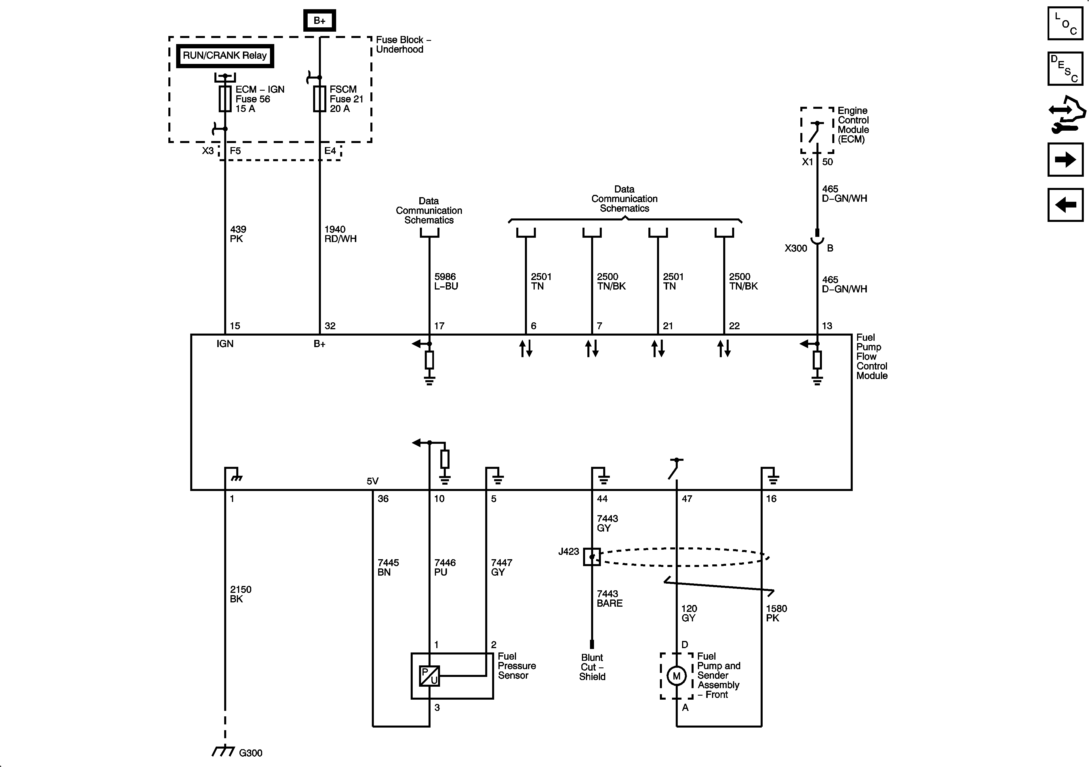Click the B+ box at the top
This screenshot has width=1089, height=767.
click(x=319, y=20)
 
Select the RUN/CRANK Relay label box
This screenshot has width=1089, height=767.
click(x=225, y=56)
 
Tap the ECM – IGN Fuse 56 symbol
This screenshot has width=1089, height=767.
click(x=225, y=99)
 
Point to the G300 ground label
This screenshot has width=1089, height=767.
click(x=250, y=753)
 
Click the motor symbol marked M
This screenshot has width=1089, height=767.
click(x=676, y=676)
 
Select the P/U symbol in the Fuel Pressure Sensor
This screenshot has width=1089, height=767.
click(x=429, y=676)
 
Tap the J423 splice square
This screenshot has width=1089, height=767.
click(x=591, y=556)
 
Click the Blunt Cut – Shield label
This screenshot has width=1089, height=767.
click(x=592, y=667)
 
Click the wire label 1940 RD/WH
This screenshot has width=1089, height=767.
click(x=340, y=234)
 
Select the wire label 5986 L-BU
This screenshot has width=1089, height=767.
click(x=446, y=281)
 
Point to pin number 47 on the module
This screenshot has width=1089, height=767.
click(x=687, y=498)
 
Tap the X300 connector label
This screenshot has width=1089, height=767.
click(x=795, y=248)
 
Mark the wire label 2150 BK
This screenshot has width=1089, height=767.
click(x=241, y=594)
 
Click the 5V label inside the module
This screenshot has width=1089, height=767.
click(x=372, y=481)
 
